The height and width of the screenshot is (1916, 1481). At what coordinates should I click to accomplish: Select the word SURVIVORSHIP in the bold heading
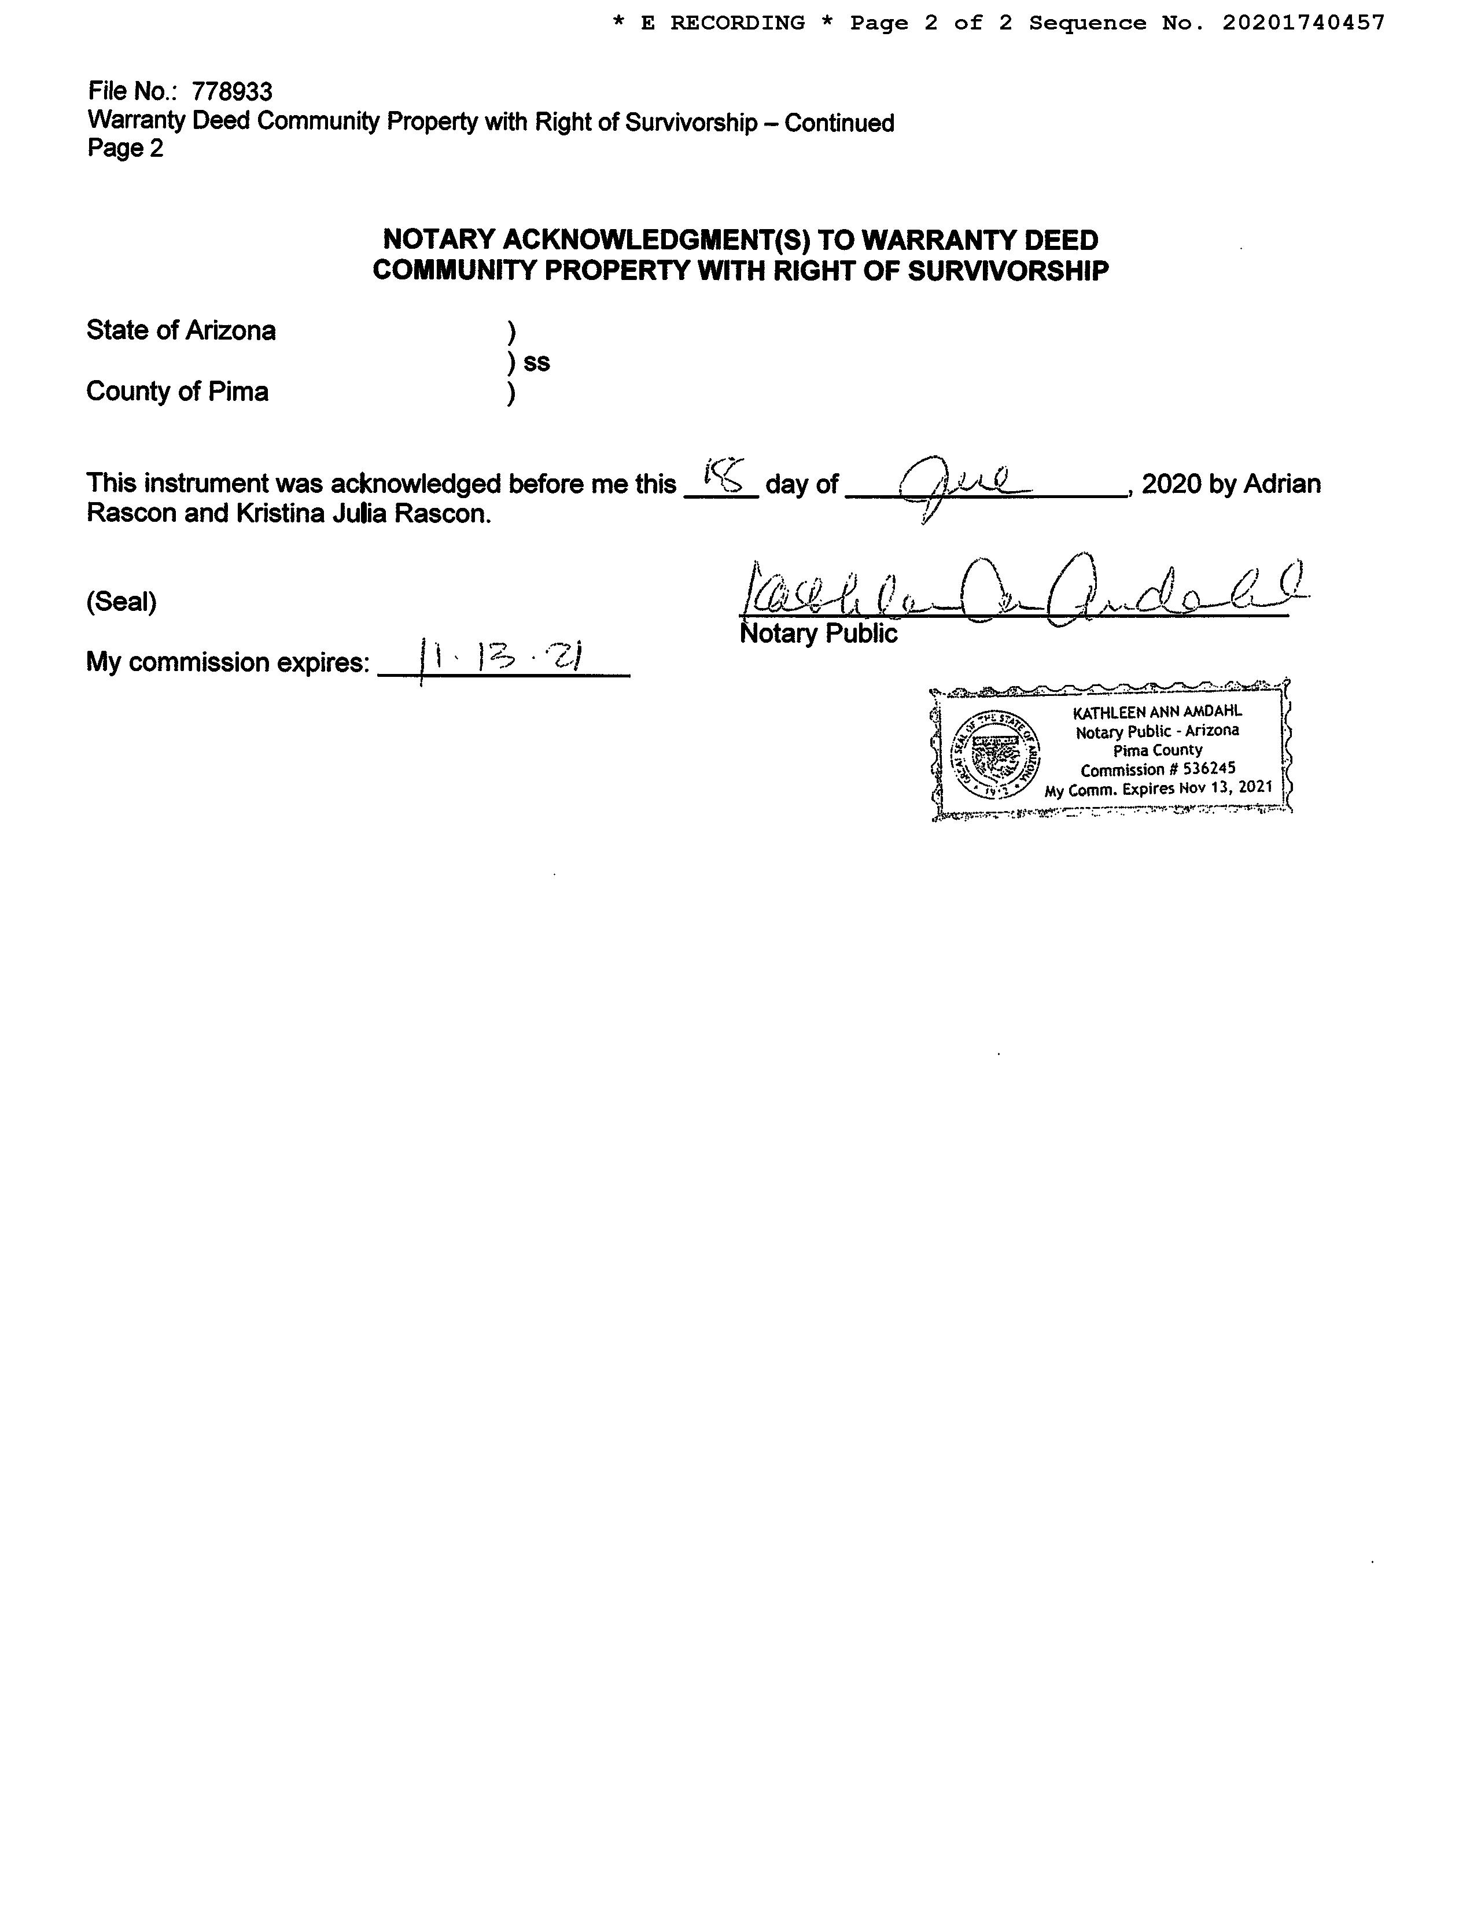click(1007, 271)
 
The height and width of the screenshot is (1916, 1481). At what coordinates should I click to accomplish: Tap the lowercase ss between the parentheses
click(536, 362)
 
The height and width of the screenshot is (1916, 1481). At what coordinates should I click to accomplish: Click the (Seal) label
click(121, 602)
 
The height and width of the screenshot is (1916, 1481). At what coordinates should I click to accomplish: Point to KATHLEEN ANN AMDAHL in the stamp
click(1157, 712)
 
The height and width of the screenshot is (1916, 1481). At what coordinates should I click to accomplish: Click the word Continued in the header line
click(839, 123)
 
